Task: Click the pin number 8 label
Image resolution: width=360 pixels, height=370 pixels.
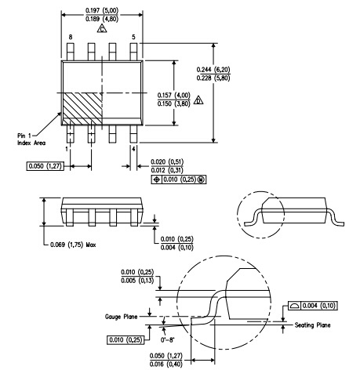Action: (x=71, y=37)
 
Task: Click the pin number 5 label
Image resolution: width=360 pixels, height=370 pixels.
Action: (x=133, y=37)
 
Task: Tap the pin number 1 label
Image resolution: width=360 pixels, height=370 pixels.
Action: (x=67, y=149)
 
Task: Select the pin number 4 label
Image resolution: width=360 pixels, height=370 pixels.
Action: (x=133, y=149)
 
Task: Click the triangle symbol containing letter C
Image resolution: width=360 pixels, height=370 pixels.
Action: (x=102, y=28)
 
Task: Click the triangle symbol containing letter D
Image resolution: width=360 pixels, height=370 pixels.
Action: (x=198, y=100)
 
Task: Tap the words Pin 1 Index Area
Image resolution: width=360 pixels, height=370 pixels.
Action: (x=31, y=140)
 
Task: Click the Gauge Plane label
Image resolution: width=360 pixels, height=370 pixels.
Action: (x=121, y=317)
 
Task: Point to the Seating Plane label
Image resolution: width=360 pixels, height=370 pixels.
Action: (x=313, y=325)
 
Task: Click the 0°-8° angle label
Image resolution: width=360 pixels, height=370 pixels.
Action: (x=168, y=340)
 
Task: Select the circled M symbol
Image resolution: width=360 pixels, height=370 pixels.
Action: (x=201, y=180)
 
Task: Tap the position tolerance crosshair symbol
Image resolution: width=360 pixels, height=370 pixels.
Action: (x=157, y=180)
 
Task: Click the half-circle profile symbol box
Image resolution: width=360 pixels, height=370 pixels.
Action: (x=295, y=306)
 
